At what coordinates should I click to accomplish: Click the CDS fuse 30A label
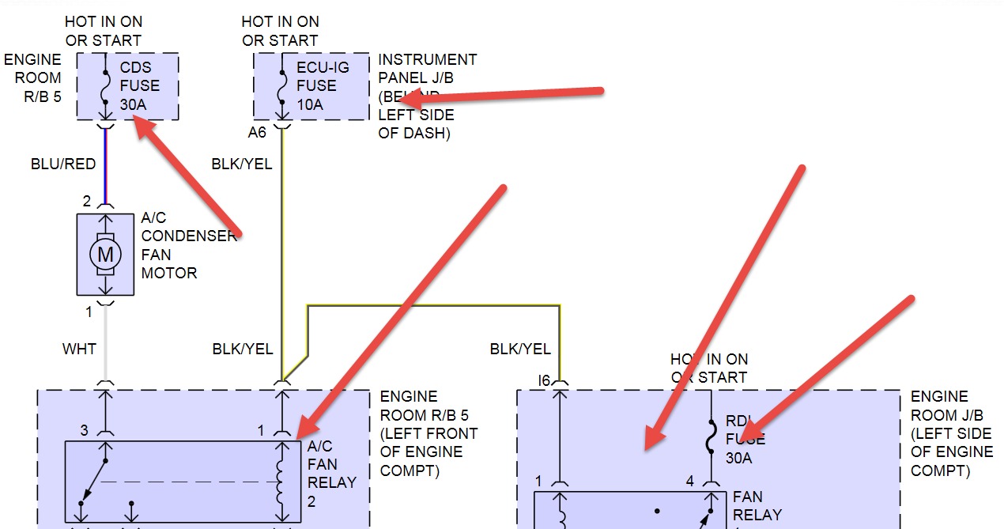click(139, 85)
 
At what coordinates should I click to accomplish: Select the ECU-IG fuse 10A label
click(316, 85)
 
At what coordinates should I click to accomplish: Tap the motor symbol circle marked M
click(104, 254)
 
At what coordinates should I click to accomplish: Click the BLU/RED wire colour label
click(63, 164)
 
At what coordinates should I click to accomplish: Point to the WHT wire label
click(79, 349)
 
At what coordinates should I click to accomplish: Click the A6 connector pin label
click(257, 132)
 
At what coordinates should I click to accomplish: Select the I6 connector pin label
click(543, 380)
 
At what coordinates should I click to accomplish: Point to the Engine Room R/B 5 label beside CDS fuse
click(32, 77)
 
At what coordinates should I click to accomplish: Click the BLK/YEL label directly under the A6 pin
click(242, 164)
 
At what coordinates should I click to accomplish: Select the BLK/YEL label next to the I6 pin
click(520, 349)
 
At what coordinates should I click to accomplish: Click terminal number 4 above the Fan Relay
click(689, 481)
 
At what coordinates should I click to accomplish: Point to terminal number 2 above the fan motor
click(87, 201)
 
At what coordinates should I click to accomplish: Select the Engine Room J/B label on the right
click(951, 433)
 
